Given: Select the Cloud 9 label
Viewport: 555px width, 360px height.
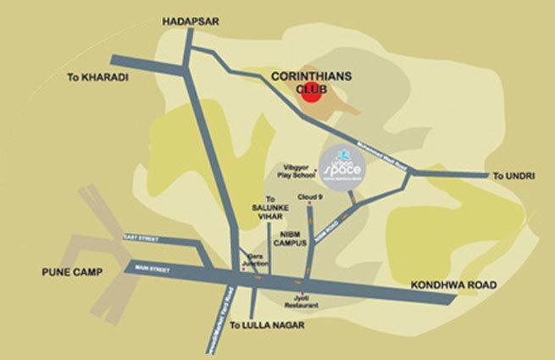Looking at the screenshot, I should [310, 194].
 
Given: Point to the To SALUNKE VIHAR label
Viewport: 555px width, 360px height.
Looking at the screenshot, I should [270, 209].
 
